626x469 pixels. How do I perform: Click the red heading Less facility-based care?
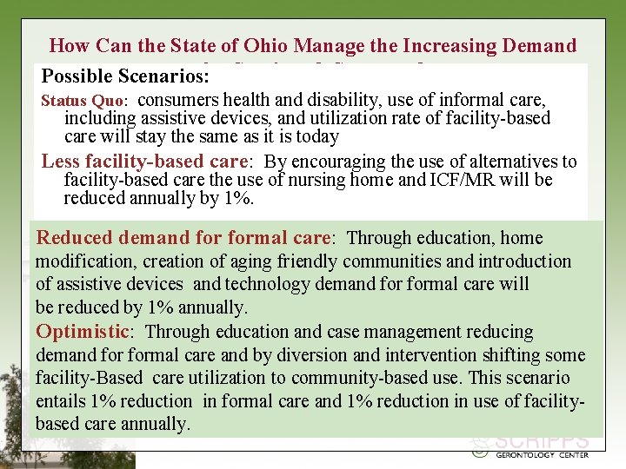tap(146, 162)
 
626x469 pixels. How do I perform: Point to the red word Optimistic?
tap(82, 332)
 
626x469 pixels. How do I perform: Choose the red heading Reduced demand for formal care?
tap(183, 238)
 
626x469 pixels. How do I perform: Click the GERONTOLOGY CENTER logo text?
tap(541, 454)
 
